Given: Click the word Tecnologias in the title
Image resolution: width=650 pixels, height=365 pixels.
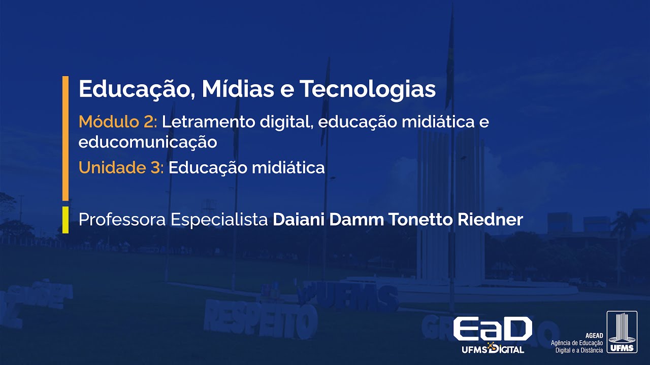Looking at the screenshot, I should [x=368, y=89].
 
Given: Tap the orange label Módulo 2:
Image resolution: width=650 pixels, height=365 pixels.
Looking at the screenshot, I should [x=118, y=122].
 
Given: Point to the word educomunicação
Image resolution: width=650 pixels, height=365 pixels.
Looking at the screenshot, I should [x=148, y=142].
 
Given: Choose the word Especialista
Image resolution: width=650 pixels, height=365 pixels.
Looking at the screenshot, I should [x=219, y=220].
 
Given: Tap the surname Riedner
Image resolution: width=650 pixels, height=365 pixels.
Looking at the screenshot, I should [x=490, y=220].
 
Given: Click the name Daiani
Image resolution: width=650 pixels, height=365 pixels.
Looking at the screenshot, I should [x=299, y=220].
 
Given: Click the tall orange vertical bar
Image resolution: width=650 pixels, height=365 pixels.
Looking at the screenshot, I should [x=65, y=138].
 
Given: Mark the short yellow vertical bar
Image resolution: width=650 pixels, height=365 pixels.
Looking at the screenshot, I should [x=65, y=220].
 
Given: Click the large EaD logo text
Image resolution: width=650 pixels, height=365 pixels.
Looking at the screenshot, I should [x=492, y=329].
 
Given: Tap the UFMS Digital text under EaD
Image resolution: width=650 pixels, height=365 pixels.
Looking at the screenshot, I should [x=492, y=349].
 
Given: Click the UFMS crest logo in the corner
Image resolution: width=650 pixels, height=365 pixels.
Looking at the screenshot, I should [x=622, y=332].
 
